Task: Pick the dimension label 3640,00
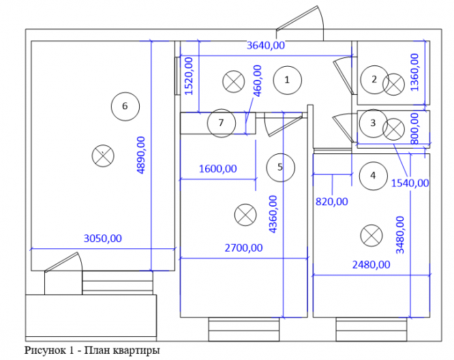(x=265, y=45)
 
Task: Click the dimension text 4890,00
(x=140, y=155)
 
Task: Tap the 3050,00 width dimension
(x=103, y=239)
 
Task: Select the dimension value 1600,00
(x=217, y=168)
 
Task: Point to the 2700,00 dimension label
(x=243, y=248)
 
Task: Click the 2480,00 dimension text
(x=371, y=265)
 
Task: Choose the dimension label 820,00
(x=331, y=202)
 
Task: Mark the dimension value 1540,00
(x=410, y=183)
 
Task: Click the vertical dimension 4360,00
(x=273, y=214)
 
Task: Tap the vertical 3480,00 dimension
(x=400, y=235)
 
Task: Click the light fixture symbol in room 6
(x=103, y=156)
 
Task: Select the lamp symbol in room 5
(x=245, y=215)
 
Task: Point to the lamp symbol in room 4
(x=372, y=236)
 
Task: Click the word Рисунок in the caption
(x=45, y=350)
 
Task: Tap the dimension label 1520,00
(x=189, y=76)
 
